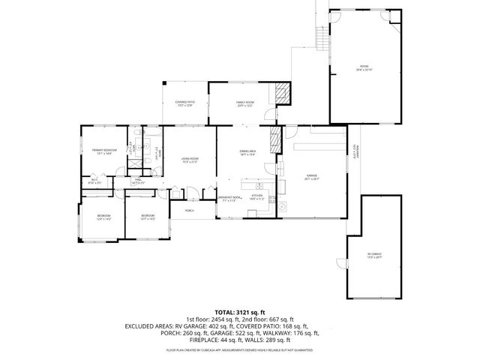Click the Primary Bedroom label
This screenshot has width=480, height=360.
click(x=104, y=152)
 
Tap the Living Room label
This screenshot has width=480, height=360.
click(x=190, y=160)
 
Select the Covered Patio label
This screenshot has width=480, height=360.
click(x=184, y=103)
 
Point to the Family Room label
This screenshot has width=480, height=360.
click(x=244, y=103)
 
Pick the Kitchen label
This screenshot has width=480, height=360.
click(x=257, y=197)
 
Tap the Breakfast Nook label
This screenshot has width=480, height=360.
click(x=229, y=199)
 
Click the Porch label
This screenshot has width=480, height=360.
click(x=189, y=211)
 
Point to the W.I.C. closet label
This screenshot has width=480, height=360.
click(x=95, y=180)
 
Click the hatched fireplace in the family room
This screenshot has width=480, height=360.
click(x=281, y=94)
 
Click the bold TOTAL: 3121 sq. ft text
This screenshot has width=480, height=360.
click(x=240, y=311)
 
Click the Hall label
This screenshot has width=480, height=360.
click(x=138, y=180)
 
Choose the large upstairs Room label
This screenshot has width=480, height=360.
click(x=364, y=68)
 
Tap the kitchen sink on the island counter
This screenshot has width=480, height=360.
click(x=259, y=185)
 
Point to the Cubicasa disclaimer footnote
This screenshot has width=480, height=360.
click(x=240, y=350)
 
